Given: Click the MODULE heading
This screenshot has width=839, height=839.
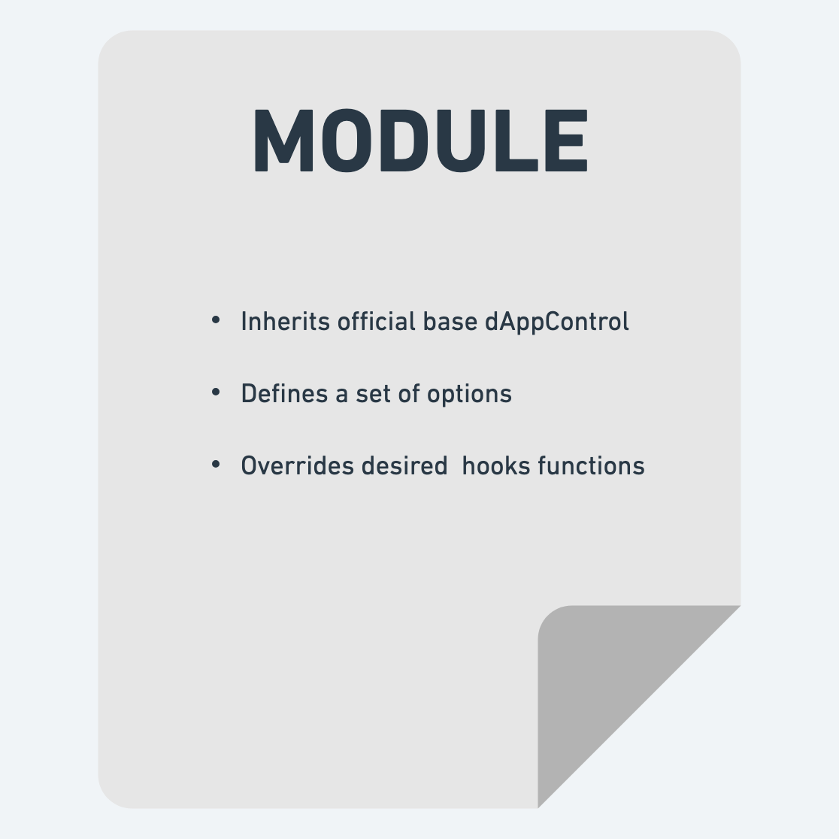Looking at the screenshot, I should [x=419, y=141].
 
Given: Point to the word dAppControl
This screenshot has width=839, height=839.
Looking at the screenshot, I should [x=557, y=322].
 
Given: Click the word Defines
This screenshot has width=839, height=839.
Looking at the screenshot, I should [x=284, y=394].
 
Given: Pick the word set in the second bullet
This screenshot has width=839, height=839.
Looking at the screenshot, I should [x=373, y=394].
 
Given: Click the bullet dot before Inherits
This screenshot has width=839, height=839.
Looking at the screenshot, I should [x=217, y=321].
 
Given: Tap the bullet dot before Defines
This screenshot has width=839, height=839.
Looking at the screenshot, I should [x=217, y=393].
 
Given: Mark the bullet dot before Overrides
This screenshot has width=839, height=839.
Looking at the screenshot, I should [x=217, y=465].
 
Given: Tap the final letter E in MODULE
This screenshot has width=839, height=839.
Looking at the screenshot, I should [x=566, y=141].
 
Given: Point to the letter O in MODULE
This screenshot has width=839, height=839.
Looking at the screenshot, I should [x=352, y=141].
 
